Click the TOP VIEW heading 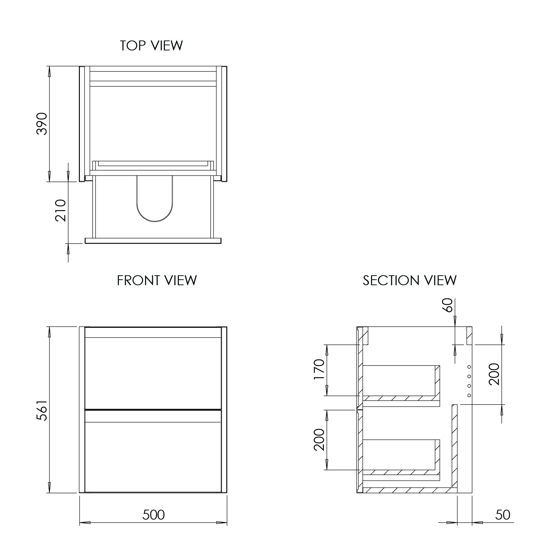[x=151, y=46]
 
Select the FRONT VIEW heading [x=157, y=280]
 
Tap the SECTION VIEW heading [x=410, y=280]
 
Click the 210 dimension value [x=60, y=210]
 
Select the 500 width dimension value [x=153, y=514]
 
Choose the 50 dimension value [x=502, y=514]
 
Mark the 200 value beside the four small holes [x=494, y=374]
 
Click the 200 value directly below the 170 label [x=319, y=439]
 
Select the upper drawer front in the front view [x=153, y=372]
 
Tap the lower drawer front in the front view [x=153, y=451]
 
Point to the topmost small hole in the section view [x=469, y=367]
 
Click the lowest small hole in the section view [x=469, y=395]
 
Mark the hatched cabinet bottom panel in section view [x=408, y=490]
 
